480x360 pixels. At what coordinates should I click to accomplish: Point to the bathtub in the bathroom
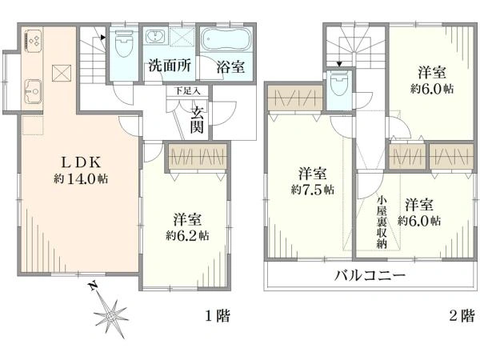pos(225,40)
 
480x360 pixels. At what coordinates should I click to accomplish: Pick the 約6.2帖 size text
pos(189,236)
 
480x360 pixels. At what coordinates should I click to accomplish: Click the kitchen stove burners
pos(34,38)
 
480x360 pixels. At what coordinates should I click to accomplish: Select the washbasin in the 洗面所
pos(154,38)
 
